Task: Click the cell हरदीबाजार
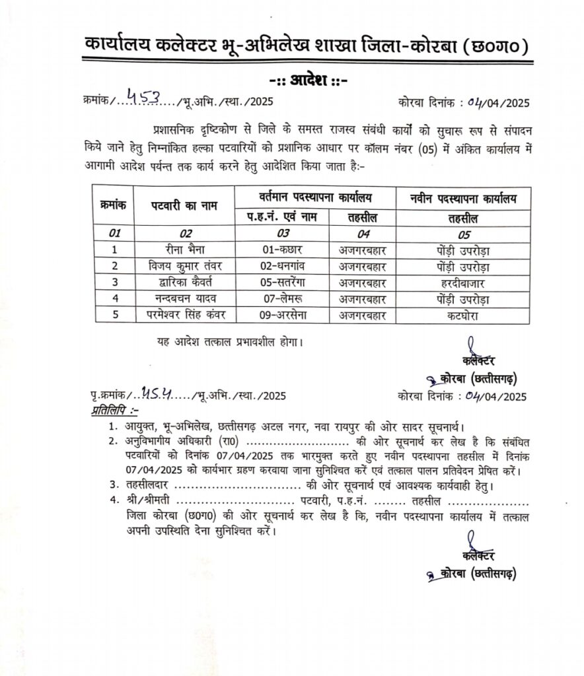(x=462, y=283)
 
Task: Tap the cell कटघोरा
(x=462, y=315)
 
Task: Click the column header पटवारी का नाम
(x=183, y=206)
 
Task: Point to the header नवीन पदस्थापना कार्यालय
(x=462, y=197)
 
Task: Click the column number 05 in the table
(x=462, y=234)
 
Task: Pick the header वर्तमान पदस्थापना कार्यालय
(x=314, y=197)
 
